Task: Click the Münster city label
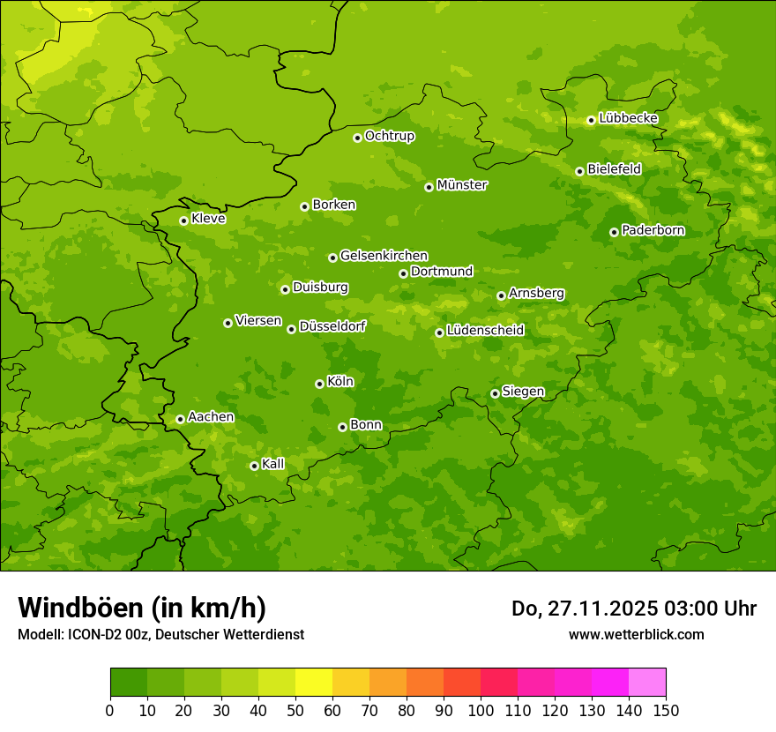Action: [x=462, y=185]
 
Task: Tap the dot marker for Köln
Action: [x=319, y=384]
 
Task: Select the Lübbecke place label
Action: [x=628, y=118]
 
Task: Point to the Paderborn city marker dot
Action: [x=614, y=232]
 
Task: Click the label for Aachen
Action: [x=211, y=417]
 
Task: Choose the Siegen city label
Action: [x=523, y=392]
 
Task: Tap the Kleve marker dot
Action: [x=183, y=220]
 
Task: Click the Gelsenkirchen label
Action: [x=384, y=256]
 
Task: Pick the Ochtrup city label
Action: [x=389, y=136]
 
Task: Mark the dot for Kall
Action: [x=254, y=466]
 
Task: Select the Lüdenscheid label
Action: [x=485, y=331]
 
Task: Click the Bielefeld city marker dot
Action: [x=579, y=171]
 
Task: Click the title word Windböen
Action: [x=79, y=608]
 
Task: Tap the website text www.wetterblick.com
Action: [x=636, y=634]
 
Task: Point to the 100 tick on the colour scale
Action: [x=481, y=710]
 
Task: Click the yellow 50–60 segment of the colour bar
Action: [x=314, y=683]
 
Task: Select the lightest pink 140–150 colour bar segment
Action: [x=647, y=683]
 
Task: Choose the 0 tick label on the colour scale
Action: [x=110, y=710]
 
